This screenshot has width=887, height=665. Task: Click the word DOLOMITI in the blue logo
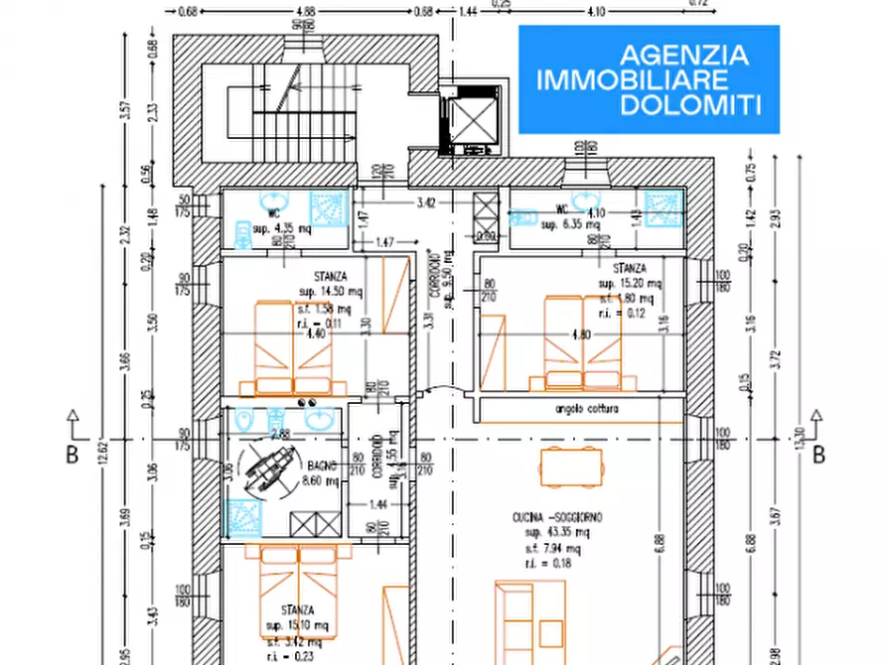pos(690,104)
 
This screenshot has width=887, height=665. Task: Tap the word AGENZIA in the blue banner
pos(684,55)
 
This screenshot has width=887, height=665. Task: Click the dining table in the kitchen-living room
pos(570,466)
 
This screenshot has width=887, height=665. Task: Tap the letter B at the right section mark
pos(819,456)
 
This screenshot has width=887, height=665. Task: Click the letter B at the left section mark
pos(72,456)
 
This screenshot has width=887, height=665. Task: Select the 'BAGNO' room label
pos(321,466)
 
